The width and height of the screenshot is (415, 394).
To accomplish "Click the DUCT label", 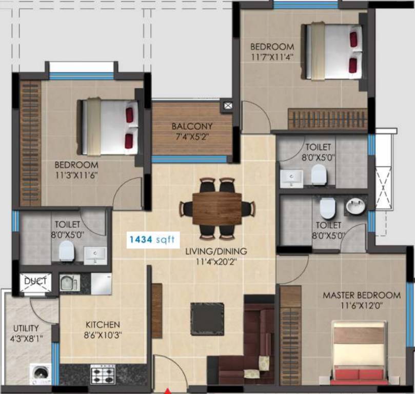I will click(x=35, y=281).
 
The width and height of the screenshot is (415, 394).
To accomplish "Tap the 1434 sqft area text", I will click(x=152, y=239).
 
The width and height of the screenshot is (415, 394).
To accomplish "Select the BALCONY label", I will click(x=192, y=126).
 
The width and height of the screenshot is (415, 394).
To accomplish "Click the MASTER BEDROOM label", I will click(x=361, y=295).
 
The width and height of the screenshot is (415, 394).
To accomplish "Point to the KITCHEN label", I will click(x=103, y=325).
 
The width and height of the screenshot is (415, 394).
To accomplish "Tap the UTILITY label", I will click(x=26, y=328).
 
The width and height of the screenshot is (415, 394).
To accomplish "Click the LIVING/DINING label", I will click(x=216, y=252).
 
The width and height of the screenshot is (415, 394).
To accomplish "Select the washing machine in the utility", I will click(x=40, y=373).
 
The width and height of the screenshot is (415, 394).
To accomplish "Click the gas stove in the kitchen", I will click(x=103, y=374).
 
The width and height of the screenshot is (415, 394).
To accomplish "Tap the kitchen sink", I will click(x=69, y=283).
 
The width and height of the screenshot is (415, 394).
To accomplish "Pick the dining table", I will click(x=216, y=208).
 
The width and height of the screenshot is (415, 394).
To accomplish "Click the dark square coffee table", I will click(x=207, y=319).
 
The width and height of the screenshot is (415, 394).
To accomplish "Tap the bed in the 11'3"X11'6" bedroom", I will click(x=109, y=127).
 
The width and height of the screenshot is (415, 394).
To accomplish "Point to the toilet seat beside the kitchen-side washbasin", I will click(x=66, y=251).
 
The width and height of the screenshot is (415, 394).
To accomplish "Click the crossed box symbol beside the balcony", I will click(x=227, y=106).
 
